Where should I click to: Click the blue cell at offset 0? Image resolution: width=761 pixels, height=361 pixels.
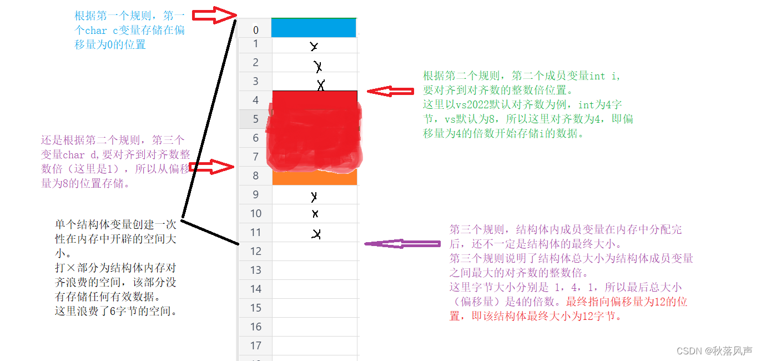click(314, 28)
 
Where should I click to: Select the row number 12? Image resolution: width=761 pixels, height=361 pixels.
click(255, 251)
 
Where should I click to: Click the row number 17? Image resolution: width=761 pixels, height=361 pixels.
click(255, 345)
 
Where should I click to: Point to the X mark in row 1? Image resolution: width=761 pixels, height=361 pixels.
click(314, 47)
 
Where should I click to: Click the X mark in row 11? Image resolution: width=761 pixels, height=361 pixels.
click(316, 234)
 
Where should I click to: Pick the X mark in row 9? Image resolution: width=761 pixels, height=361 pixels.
click(314, 197)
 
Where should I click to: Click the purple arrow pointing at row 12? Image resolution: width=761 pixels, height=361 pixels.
click(402, 243)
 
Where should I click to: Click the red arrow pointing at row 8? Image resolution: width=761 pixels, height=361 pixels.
click(211, 166)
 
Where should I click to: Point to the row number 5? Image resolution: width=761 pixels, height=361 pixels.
click(255, 119)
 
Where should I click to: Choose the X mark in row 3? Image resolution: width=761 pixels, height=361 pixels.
click(320, 85)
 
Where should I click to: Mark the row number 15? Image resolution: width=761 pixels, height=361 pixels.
click(255, 308)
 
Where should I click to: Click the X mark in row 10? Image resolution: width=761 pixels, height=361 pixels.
click(315, 214)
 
